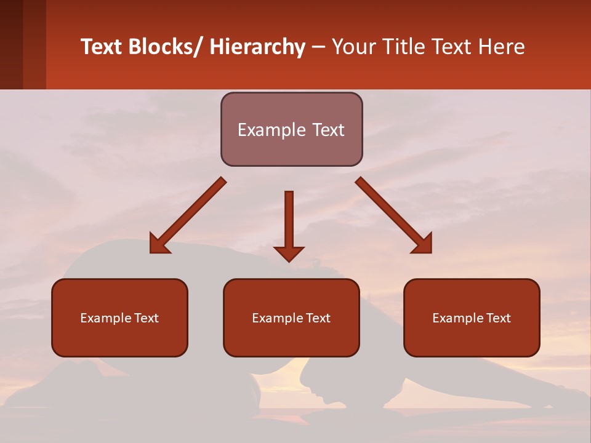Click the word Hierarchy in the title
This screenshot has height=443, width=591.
pos(257,47)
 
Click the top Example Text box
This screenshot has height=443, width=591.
pos(291,129)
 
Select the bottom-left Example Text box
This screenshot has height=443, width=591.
pos(119,317)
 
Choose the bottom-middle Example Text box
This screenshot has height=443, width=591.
pos(291,317)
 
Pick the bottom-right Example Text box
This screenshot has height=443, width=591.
pos(472,317)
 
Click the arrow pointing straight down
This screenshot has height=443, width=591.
pos(289,221)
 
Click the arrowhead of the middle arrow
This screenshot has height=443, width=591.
pos(289,253)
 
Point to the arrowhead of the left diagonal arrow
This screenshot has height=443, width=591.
pos(159,244)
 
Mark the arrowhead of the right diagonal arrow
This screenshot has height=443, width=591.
pos(423,244)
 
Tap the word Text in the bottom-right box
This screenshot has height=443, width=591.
pos(498,318)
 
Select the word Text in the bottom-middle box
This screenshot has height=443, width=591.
pos(318,318)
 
